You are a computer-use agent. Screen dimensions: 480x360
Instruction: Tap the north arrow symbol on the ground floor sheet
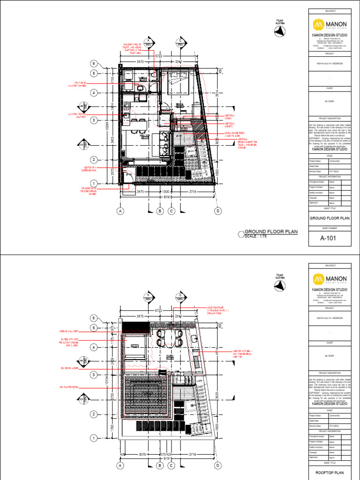tap(280, 31)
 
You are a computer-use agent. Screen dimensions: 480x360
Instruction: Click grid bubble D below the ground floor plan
tap(217, 211)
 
